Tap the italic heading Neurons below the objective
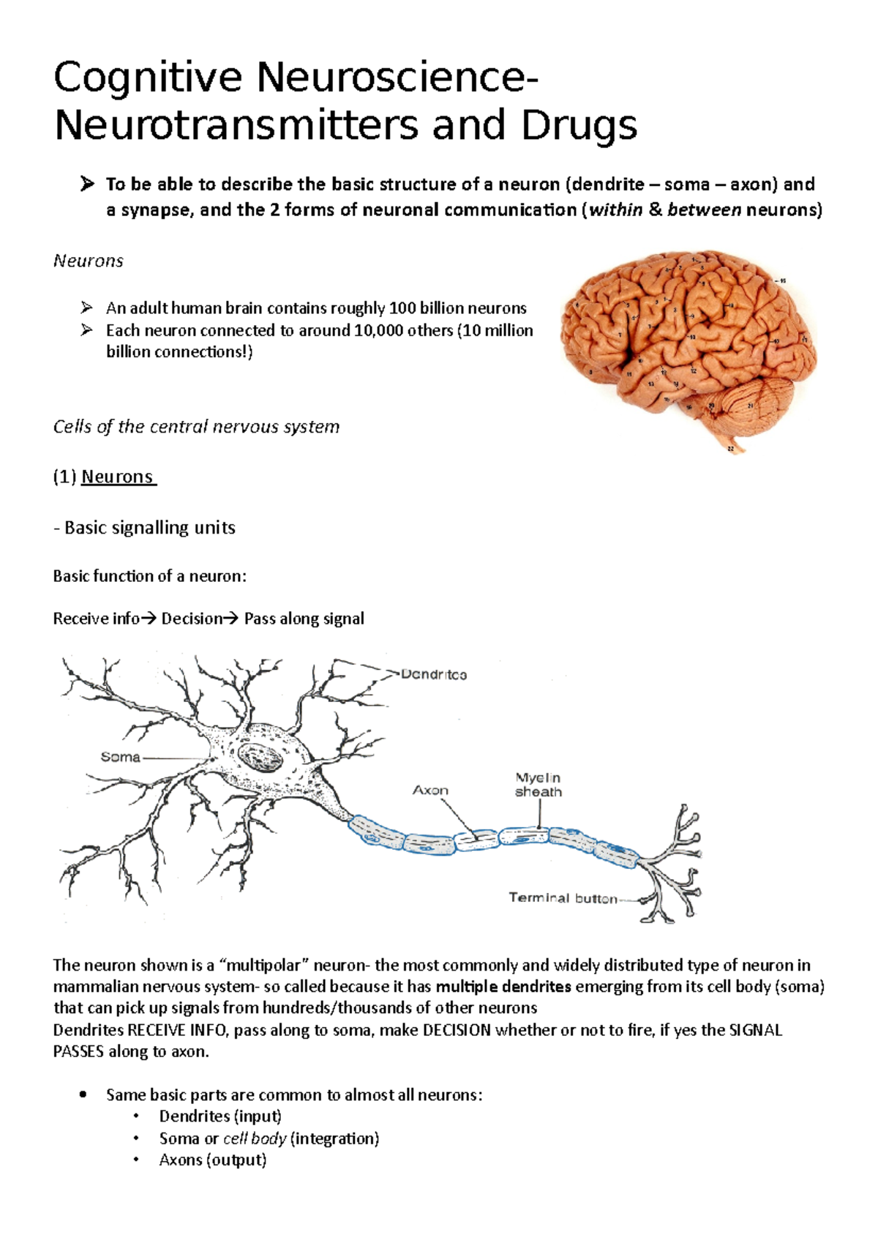88,261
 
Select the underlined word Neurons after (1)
118,477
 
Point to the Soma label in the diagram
120,757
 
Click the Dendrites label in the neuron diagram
434,674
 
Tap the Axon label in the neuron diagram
430,791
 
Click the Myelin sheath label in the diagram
538,785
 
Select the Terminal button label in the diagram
563,898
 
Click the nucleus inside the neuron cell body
261,758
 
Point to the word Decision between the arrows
192,619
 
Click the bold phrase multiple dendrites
503,987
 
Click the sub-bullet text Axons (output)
212,1160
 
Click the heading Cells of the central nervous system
196,427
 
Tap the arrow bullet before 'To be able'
87,184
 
